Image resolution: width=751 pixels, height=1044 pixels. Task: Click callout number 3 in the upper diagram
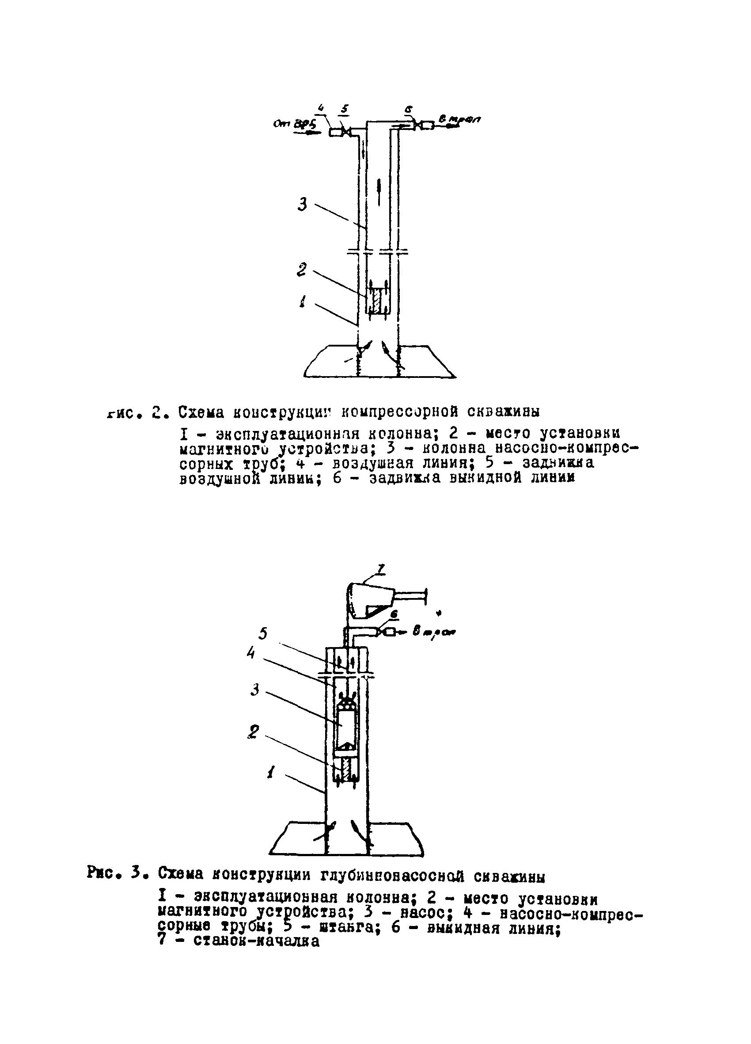click(302, 204)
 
